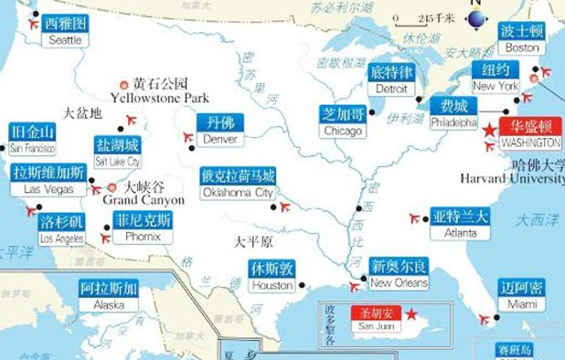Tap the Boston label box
pos(522,38)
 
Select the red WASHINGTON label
pos(530,135)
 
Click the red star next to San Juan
pos(411,314)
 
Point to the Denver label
pos(219,130)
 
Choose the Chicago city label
pos(343,122)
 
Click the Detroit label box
pos(391,80)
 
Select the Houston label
pos(272,277)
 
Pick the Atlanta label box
pos(460,224)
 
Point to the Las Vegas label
pos(49,180)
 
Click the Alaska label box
pos(109,297)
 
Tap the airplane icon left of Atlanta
pos(417,218)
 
